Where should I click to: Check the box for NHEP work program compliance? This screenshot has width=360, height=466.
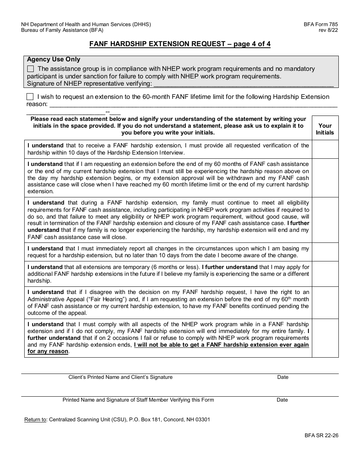click(31, 69)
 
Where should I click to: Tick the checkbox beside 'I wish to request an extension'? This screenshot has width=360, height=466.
click(30, 97)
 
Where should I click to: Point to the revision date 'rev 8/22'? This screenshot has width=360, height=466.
click(328, 30)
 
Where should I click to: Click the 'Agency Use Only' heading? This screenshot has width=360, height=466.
click(53, 59)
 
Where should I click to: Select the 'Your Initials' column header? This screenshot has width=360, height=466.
click(325, 129)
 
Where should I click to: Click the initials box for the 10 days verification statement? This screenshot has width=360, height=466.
click(325, 149)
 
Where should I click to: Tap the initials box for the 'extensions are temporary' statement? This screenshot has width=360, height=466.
click(325, 274)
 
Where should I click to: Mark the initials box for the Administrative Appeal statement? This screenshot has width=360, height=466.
click(325, 302)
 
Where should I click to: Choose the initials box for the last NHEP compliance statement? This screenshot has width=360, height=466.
click(325, 338)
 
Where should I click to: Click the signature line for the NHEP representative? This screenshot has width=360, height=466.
click(243, 84)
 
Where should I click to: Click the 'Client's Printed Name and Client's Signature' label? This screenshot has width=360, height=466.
click(121, 377)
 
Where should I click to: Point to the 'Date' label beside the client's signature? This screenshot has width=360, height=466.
click(283, 377)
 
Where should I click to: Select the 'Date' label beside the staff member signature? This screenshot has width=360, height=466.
click(282, 400)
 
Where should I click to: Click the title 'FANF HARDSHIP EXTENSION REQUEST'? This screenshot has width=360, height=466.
click(157, 44)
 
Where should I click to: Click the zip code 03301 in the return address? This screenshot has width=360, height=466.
click(203, 420)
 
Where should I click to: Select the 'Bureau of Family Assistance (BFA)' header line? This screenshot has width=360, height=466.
click(62, 30)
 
